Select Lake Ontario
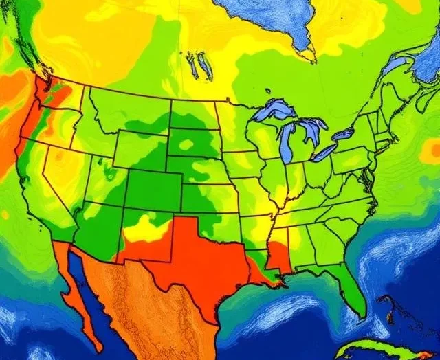pyautogui.click(x=344, y=133)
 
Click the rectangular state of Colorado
pyautogui.click(x=153, y=189)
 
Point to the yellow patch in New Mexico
pyautogui.click(x=146, y=228)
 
